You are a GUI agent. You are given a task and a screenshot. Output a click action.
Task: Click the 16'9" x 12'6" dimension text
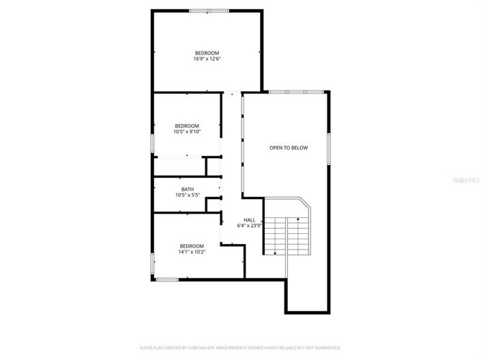[x=207, y=59]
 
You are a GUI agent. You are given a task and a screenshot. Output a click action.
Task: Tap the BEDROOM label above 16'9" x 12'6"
[x=207, y=53]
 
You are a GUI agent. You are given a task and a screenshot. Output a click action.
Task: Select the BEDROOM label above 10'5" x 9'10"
[x=186, y=125]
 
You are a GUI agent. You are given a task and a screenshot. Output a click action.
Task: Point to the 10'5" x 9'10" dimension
[x=186, y=132]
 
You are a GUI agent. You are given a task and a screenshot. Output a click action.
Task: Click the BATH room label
[x=187, y=190]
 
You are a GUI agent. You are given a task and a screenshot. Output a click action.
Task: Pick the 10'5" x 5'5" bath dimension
[x=187, y=196]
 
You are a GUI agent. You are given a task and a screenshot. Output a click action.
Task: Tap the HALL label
[x=249, y=220]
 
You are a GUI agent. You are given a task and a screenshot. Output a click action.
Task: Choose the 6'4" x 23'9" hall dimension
[x=249, y=226]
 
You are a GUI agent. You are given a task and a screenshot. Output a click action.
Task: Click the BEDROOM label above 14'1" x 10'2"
[x=192, y=246]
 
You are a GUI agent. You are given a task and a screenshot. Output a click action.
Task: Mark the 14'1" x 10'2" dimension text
[x=192, y=252]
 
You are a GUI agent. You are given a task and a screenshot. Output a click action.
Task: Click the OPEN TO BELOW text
[x=289, y=147]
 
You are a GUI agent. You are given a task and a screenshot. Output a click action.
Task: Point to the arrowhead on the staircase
[x=275, y=253]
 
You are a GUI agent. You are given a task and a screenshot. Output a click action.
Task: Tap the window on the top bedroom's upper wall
[x=209, y=10]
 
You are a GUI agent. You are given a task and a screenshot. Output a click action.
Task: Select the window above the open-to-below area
[x=289, y=92]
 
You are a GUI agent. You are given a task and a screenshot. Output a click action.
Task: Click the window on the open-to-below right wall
[x=329, y=148]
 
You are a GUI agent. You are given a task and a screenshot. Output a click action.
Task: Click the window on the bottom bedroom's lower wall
[x=167, y=279]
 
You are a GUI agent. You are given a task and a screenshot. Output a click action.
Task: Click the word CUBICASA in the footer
[x=194, y=347]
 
